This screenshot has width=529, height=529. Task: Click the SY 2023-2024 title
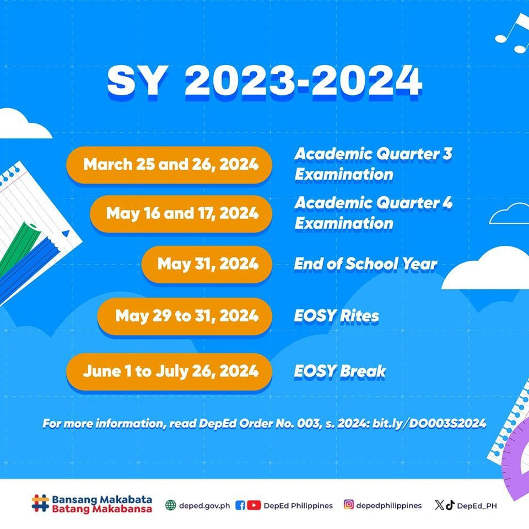(x=264, y=81)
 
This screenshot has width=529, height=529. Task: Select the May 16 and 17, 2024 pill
(x=182, y=213)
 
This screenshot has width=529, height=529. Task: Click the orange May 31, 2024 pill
(x=207, y=264)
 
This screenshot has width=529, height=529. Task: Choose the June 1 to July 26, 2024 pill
(x=170, y=371)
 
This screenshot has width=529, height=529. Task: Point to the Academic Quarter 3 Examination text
(x=373, y=164)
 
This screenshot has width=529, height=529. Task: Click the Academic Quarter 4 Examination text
(x=373, y=213)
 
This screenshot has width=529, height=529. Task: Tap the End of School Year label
(x=365, y=264)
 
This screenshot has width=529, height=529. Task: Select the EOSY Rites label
(x=336, y=316)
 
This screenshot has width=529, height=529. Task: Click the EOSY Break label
(x=339, y=371)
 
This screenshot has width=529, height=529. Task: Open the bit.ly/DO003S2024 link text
(x=438, y=424)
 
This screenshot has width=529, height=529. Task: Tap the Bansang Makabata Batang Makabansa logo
(x=91, y=504)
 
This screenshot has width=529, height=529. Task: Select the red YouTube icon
(x=254, y=505)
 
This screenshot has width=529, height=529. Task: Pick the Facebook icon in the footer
(x=240, y=505)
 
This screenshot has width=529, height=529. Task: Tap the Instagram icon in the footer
(x=349, y=504)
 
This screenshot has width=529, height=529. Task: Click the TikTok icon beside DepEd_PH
(x=450, y=505)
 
